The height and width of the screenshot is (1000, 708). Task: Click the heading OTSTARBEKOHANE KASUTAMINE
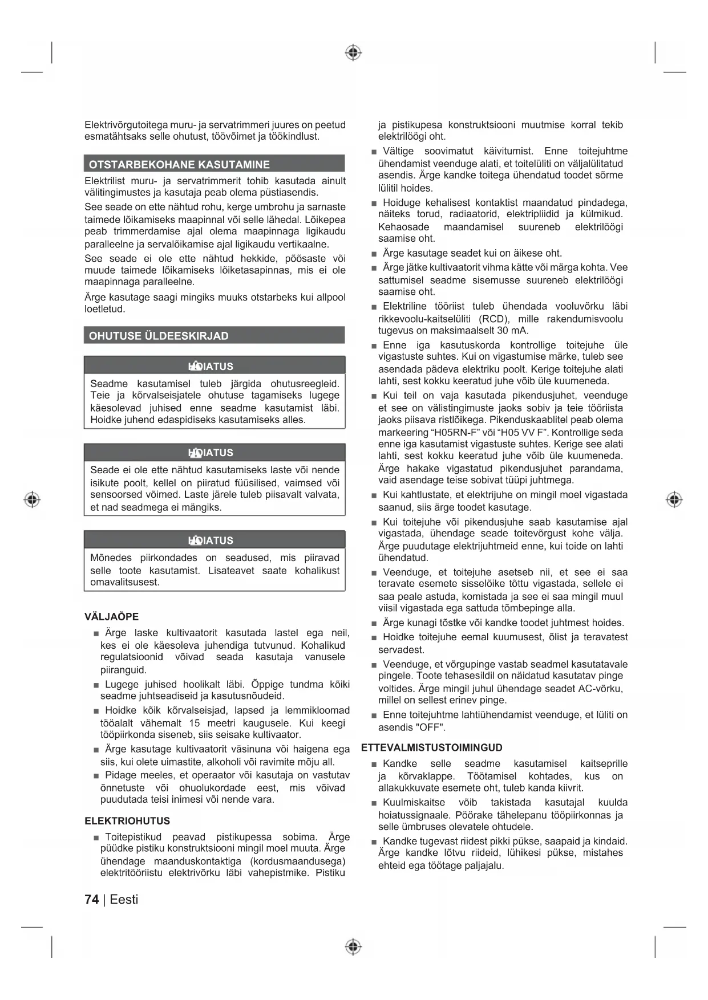[179, 165]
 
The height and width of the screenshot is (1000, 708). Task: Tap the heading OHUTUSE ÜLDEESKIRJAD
[159, 336]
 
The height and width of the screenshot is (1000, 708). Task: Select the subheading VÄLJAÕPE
[111, 617]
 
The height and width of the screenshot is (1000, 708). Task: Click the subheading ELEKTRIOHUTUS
[127, 821]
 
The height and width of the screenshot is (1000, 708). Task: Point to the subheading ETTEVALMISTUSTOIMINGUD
[432, 747]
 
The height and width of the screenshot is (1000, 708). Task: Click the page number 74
[91, 900]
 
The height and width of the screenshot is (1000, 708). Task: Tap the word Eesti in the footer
[124, 900]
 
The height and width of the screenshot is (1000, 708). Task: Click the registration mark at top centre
[353, 53]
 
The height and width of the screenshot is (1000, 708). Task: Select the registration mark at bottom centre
[353, 947]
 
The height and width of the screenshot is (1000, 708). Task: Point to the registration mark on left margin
[32, 500]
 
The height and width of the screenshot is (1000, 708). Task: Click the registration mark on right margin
[674, 500]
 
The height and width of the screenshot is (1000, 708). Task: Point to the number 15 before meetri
[195, 723]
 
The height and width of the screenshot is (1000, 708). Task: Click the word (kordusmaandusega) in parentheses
[297, 861]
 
